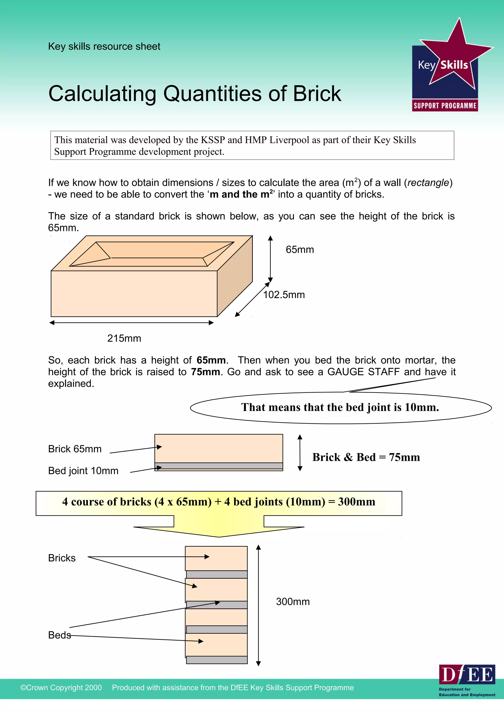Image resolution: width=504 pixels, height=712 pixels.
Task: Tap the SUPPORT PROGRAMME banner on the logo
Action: pos(445,106)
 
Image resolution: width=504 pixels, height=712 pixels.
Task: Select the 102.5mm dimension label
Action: pos(284,295)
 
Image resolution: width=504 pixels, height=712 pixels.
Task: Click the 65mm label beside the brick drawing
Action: pos(300,250)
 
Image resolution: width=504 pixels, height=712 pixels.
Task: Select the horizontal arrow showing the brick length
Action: pos(132,323)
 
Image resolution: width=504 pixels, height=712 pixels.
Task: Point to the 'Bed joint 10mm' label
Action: pos(83,471)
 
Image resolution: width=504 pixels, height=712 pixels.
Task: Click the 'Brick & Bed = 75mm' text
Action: pos(366,457)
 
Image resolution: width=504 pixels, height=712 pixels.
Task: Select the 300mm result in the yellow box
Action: pos(357,501)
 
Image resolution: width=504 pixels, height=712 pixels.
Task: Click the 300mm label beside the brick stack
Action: pos(293,602)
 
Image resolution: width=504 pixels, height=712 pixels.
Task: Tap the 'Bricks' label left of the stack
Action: pos(62,558)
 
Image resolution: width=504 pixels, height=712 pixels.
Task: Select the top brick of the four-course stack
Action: pos(216,558)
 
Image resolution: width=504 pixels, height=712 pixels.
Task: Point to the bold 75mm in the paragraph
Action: pos(205,372)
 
